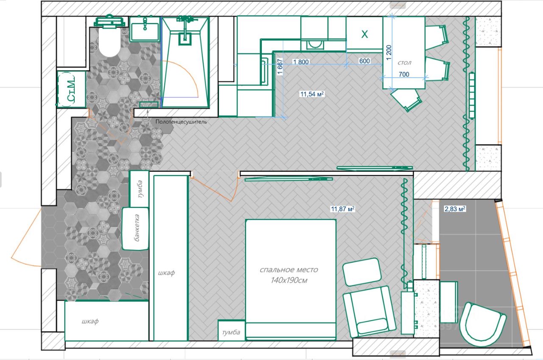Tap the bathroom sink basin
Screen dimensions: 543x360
tap(145, 28)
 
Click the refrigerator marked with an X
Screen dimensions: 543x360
tap(364, 34)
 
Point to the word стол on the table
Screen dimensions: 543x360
tap(404, 63)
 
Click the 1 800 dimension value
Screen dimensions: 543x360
tap(301, 62)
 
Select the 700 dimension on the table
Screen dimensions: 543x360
tap(404, 74)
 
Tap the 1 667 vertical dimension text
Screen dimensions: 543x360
tap(280, 67)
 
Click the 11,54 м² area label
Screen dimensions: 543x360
tap(312, 94)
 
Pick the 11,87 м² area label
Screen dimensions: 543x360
tap(343, 209)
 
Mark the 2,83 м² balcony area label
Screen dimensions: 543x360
tap(454, 209)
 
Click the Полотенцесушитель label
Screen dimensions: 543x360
tap(181, 122)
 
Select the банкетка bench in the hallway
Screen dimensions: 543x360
tap(135, 229)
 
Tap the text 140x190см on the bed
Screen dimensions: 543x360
tap(289, 280)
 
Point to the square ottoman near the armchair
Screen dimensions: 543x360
tap(362, 272)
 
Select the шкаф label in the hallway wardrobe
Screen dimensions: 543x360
tap(90, 321)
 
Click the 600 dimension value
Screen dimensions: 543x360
tap(364, 61)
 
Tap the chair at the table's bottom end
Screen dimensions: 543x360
tap(406, 100)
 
